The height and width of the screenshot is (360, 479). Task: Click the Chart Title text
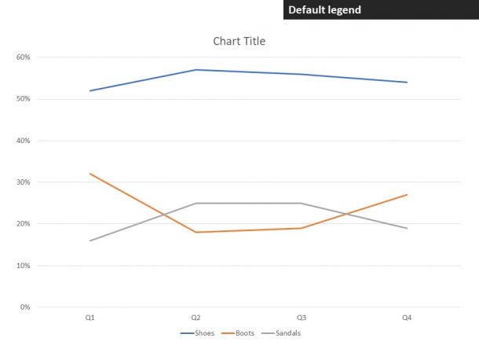click(x=239, y=41)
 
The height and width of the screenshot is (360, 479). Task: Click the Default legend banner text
click(x=324, y=10)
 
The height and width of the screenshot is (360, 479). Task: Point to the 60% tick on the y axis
click(x=23, y=57)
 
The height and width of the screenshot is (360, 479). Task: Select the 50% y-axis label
click(x=23, y=99)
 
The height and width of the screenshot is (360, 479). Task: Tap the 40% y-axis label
click(x=23, y=141)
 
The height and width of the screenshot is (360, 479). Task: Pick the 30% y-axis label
click(x=23, y=182)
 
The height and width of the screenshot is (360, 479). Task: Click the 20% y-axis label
click(x=23, y=224)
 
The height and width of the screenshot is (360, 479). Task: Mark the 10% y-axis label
click(x=23, y=266)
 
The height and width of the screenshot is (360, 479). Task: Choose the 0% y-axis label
click(x=24, y=307)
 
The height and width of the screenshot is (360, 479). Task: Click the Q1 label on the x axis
click(x=90, y=318)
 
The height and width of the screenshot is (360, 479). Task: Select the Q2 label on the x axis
click(x=196, y=318)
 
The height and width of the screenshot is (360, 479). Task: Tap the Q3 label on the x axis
click(x=302, y=318)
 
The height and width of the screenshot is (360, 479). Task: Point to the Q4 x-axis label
click(x=407, y=318)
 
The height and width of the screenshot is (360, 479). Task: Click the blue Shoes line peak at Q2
click(x=196, y=70)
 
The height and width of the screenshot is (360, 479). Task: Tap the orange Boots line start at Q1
click(x=90, y=174)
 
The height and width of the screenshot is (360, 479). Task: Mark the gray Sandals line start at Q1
click(x=90, y=241)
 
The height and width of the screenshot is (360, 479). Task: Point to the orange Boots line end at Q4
click(x=407, y=195)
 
